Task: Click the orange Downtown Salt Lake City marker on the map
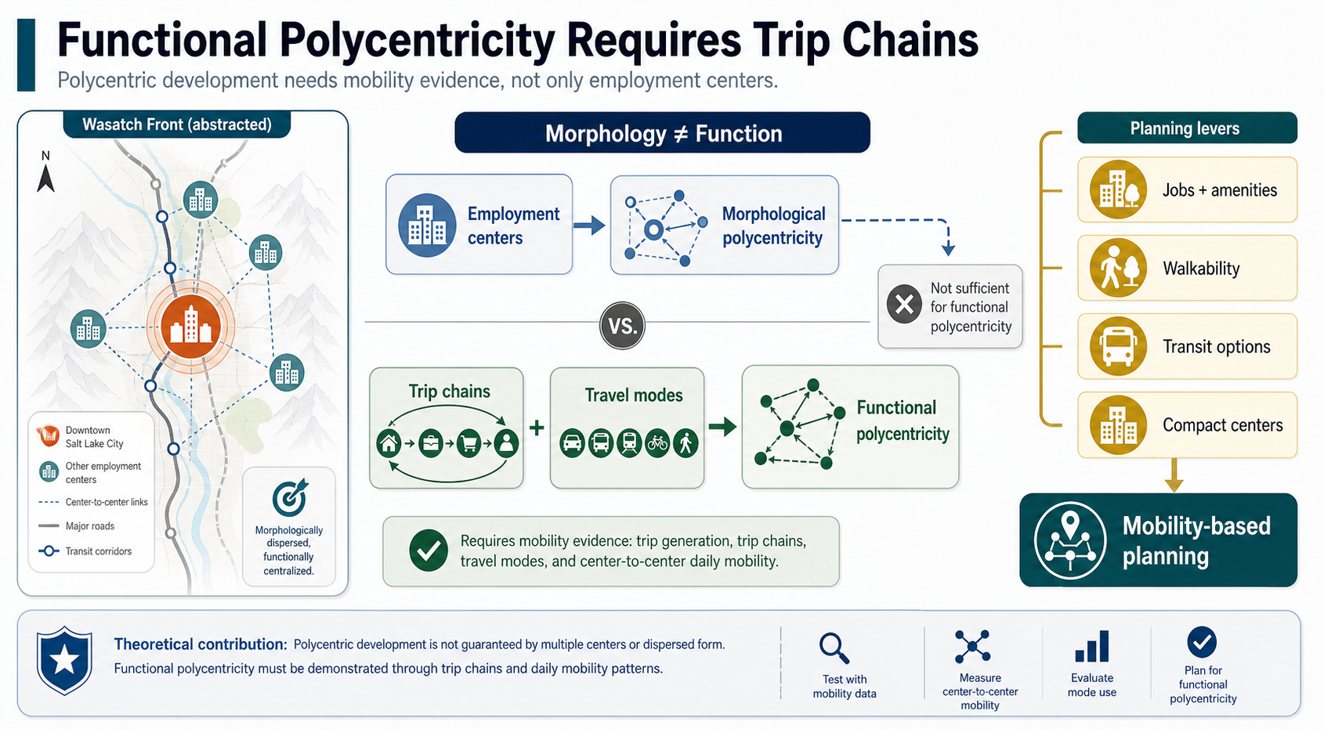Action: pyautogui.click(x=190, y=327)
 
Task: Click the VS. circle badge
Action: pyautogui.click(x=622, y=326)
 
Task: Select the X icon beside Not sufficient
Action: pyautogui.click(x=904, y=305)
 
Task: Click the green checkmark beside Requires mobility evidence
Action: pyautogui.click(x=428, y=550)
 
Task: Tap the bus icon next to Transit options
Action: pyautogui.click(x=1118, y=347)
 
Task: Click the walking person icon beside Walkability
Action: pyautogui.click(x=1118, y=269)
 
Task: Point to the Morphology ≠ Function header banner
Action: pyautogui.click(x=662, y=133)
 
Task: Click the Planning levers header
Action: pyautogui.click(x=1187, y=128)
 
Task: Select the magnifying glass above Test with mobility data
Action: pyautogui.click(x=834, y=648)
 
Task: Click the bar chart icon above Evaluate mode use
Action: pyautogui.click(x=1091, y=646)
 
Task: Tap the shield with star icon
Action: pyautogui.click(x=64, y=660)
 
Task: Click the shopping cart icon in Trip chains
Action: pyautogui.click(x=468, y=443)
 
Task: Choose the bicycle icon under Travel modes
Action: pyautogui.click(x=657, y=443)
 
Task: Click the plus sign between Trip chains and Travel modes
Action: pyautogui.click(x=537, y=428)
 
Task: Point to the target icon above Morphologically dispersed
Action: pyautogui.click(x=290, y=497)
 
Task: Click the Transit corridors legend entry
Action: pyautogui.click(x=85, y=551)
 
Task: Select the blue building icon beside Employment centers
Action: pyautogui.click(x=427, y=225)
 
